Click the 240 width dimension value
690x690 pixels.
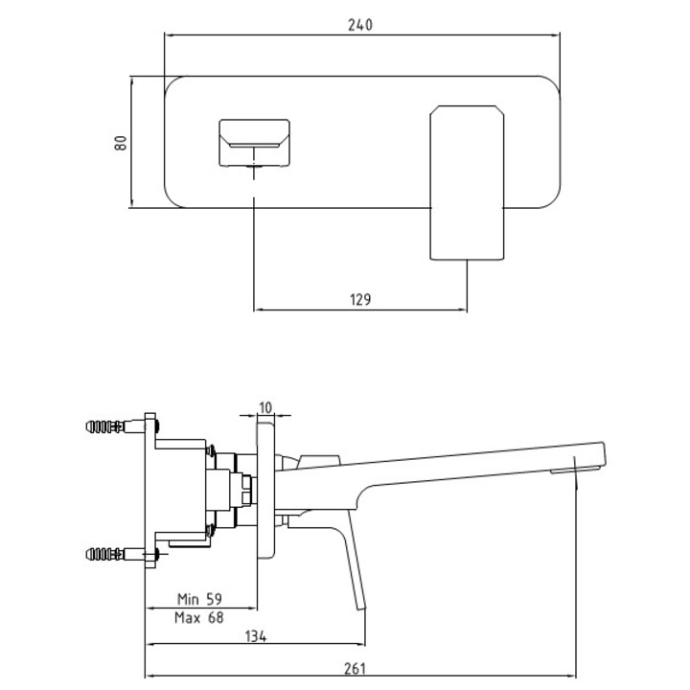coord(359,25)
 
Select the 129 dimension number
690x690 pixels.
coord(359,300)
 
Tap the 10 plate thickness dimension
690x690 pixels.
coord(265,407)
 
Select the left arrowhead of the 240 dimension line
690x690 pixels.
coord(170,35)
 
